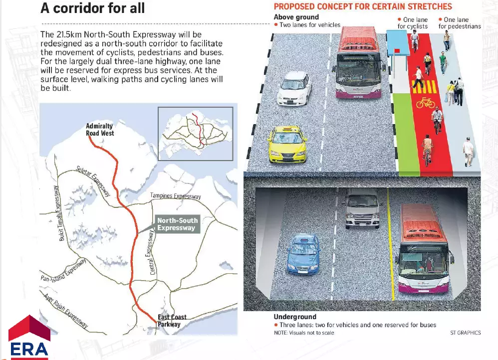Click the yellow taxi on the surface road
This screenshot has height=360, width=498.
287,145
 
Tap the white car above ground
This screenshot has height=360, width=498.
294,88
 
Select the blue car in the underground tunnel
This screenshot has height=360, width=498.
303,254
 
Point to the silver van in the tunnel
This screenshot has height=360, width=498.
362,208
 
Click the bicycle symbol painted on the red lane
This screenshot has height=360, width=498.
426,103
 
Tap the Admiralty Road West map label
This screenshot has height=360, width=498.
100,130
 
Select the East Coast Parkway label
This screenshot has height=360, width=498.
172,321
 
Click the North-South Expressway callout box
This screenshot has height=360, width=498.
177,224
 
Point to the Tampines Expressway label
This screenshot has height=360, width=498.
176,196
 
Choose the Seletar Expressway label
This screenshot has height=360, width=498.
93,180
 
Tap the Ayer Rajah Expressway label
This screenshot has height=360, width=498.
66,311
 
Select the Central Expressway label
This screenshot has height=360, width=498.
151,252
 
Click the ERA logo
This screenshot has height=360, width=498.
29,337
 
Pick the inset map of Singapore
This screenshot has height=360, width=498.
196,134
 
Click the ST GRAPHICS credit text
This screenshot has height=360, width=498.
465,333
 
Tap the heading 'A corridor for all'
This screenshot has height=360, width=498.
93,8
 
